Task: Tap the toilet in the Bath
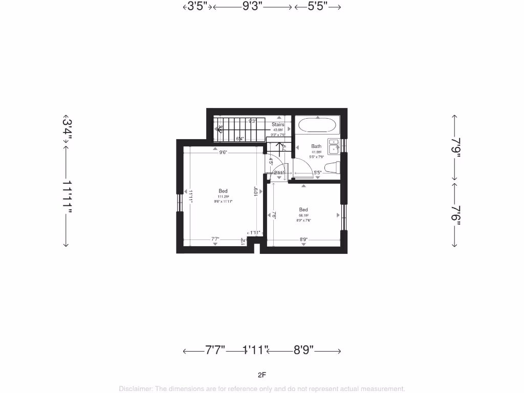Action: point(332,167)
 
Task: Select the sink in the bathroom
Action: point(333,146)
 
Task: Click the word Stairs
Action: point(278,124)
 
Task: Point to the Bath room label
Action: point(316,146)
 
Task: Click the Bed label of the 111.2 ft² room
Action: point(223,191)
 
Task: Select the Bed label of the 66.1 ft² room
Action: point(303,209)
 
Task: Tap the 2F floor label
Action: point(262,375)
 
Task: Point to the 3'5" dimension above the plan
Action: point(197,7)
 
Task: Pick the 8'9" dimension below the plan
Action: point(303,351)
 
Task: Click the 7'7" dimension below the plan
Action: point(215,351)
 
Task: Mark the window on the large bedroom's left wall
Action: point(180,203)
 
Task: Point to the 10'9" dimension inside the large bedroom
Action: point(256,191)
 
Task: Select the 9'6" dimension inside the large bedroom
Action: point(223,152)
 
